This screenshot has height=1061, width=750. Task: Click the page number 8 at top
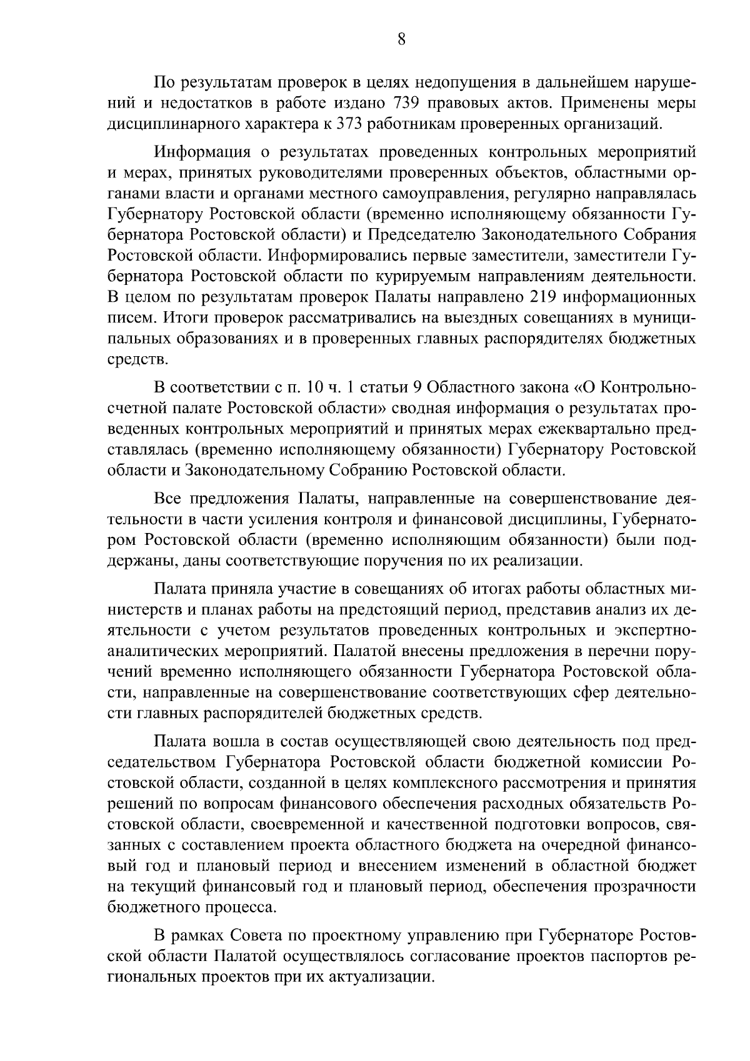coord(401,39)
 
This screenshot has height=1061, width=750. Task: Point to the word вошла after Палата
coord(237,742)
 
